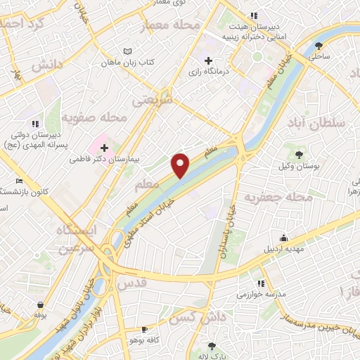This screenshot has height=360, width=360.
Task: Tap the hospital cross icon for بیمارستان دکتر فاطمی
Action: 105,148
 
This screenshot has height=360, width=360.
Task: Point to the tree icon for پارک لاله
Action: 212,346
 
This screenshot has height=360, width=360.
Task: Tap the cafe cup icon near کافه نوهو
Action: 144,329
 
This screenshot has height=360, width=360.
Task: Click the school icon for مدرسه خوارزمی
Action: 261,283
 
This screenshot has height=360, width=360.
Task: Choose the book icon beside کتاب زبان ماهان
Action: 127,51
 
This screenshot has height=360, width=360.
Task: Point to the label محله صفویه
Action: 94,117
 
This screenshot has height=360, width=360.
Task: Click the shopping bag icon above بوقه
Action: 41,306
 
